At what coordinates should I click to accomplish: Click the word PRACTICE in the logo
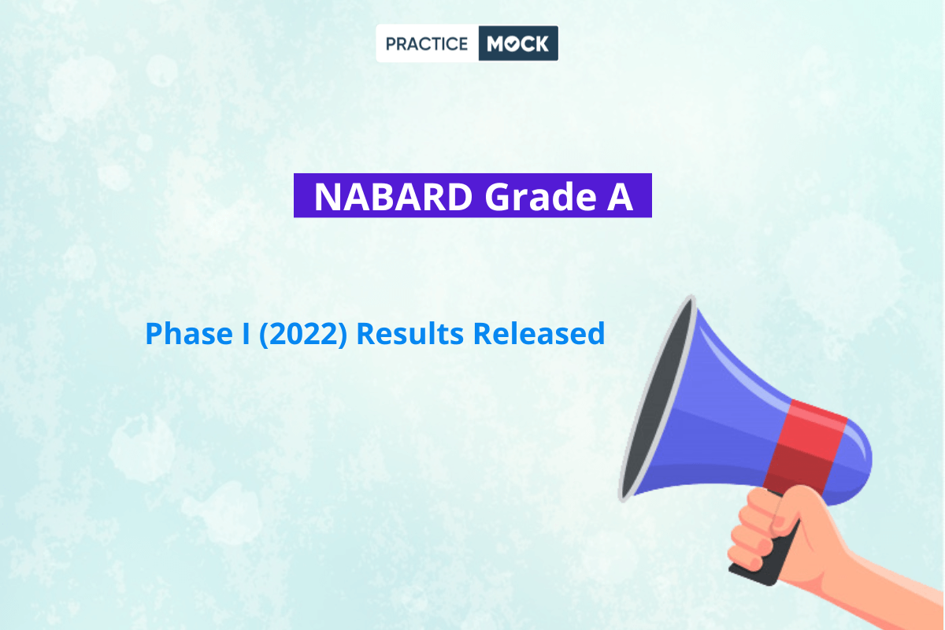(427, 43)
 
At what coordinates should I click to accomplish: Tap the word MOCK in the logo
(517, 43)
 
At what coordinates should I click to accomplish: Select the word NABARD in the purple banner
(393, 196)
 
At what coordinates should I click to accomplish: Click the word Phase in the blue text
(189, 333)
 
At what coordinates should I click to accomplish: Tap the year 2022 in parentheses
(303, 333)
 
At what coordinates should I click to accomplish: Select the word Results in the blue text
(410, 333)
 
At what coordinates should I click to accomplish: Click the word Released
(539, 333)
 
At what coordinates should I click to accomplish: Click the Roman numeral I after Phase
(246, 333)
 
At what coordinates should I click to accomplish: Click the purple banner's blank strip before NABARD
(304, 195)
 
